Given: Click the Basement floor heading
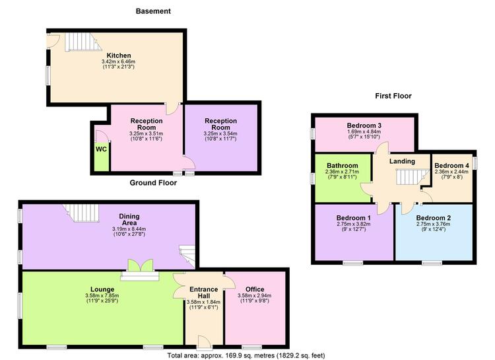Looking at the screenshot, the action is (153, 11).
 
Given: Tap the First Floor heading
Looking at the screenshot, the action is (393, 96).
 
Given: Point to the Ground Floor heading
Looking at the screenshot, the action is (153, 183).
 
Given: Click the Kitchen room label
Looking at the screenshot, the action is (119, 55).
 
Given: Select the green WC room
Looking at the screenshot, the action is (102, 157).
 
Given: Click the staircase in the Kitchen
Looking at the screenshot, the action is (83, 42).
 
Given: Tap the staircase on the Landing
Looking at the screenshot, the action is (412, 177).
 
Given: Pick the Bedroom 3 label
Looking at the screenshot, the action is (364, 126).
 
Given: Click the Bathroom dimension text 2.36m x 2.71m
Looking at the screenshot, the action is (342, 172).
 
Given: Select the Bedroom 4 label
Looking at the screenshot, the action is (451, 166).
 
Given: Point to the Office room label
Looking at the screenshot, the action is (255, 289).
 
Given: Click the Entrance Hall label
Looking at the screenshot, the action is (204, 293).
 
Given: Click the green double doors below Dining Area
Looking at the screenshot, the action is (140, 266).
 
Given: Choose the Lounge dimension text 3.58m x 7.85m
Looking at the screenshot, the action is (102, 295).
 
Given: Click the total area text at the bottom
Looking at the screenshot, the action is (246, 355).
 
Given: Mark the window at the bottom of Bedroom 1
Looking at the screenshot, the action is (353, 263).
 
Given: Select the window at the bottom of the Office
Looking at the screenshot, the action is (252, 347).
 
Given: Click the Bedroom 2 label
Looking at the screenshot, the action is (433, 218).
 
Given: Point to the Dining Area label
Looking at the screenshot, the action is (129, 219).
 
